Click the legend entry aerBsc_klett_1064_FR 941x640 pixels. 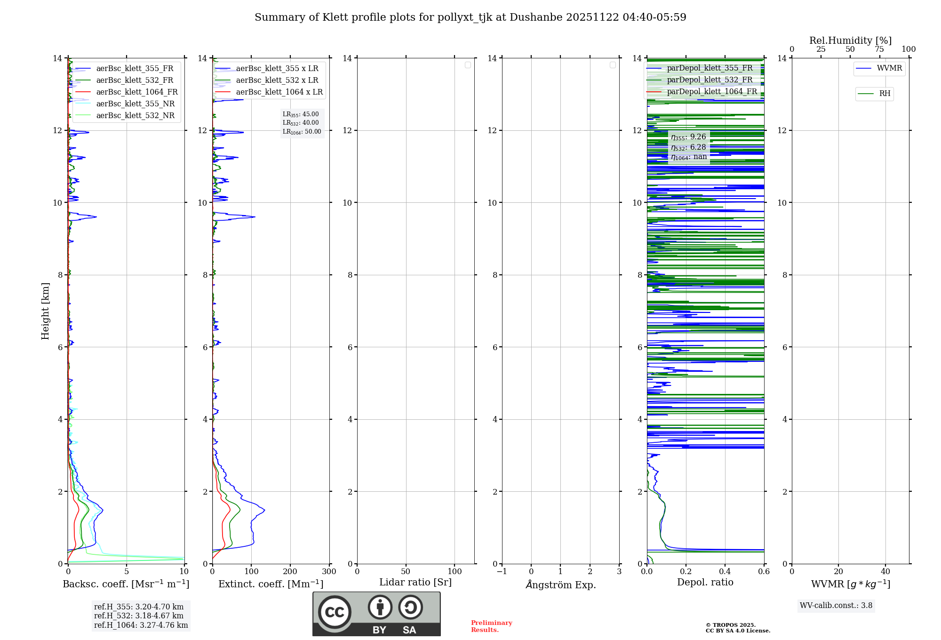[x=136, y=92]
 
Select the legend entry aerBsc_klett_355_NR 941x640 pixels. [x=135, y=104]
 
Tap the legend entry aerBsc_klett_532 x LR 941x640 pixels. [x=277, y=80]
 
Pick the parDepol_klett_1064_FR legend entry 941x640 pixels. [x=711, y=92]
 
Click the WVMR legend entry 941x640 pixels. [x=889, y=68]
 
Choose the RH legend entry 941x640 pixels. [x=884, y=94]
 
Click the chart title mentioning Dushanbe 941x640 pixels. [x=470, y=17]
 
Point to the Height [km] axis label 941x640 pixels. [x=45, y=311]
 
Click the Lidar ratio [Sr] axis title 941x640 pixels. [x=415, y=583]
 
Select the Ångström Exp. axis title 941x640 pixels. [x=560, y=585]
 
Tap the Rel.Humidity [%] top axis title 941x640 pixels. [x=850, y=40]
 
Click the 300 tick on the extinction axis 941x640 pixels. [x=329, y=572]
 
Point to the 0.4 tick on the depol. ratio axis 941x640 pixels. [x=725, y=572]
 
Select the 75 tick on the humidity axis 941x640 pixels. [x=879, y=49]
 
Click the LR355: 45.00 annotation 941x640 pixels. [x=301, y=114]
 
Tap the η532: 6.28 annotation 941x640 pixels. [x=688, y=147]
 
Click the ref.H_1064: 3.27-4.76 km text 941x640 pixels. [x=141, y=625]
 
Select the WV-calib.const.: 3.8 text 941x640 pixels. [x=836, y=606]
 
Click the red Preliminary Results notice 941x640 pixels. [x=491, y=626]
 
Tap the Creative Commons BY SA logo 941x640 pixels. [x=376, y=614]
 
